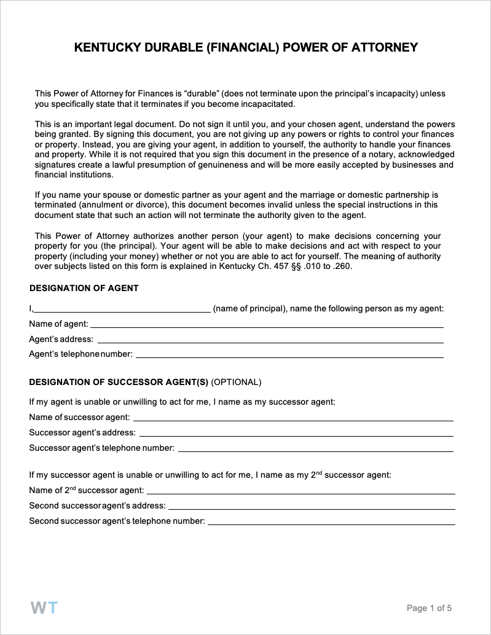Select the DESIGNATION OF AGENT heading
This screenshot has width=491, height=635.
[84, 288]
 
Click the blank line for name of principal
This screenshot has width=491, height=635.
[122, 310]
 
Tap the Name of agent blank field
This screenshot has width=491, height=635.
[267, 325]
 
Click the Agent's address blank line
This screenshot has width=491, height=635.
[270, 340]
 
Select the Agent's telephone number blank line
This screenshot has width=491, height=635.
[289, 355]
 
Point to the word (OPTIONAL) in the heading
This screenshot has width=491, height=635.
[236, 382]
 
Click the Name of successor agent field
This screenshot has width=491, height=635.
[293, 418]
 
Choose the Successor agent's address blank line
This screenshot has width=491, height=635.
[296, 434]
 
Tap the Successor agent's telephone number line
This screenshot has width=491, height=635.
[315, 449]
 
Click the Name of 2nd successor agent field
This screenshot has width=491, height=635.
[300, 491]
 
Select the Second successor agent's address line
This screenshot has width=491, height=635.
[312, 507]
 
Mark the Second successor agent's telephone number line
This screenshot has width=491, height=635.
[331, 522]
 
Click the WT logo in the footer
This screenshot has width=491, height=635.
[44, 608]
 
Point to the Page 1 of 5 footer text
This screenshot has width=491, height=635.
[429, 609]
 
